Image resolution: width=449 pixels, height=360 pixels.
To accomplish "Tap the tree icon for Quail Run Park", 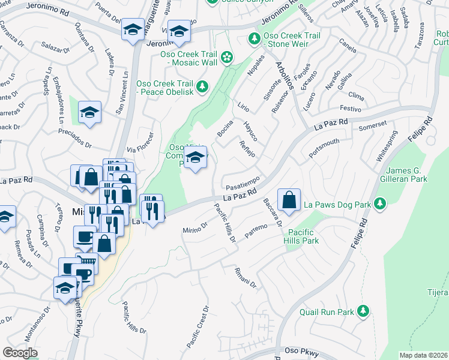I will (x=363, y=311).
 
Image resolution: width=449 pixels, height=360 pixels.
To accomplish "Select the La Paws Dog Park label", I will (x=337, y=205).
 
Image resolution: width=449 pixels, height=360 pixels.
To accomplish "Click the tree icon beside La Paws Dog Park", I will (x=379, y=205).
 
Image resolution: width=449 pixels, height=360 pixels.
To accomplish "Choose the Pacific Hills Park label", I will (x=303, y=236).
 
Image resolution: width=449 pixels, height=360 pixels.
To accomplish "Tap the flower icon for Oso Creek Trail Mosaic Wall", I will (x=227, y=58).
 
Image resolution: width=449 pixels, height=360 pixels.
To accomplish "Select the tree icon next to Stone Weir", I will (x=254, y=40).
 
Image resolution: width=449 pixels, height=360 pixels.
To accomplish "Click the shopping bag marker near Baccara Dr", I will (x=289, y=200).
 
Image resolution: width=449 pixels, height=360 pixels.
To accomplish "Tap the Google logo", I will (x=20, y=352).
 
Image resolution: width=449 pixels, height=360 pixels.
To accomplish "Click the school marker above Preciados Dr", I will (x=89, y=112).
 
